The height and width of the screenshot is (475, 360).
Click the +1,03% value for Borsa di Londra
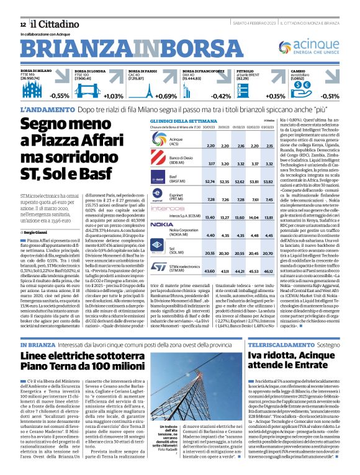click(113, 96)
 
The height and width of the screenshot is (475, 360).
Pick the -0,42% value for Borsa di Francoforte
click(222, 96)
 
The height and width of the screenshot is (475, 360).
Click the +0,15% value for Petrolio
click(274, 96)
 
